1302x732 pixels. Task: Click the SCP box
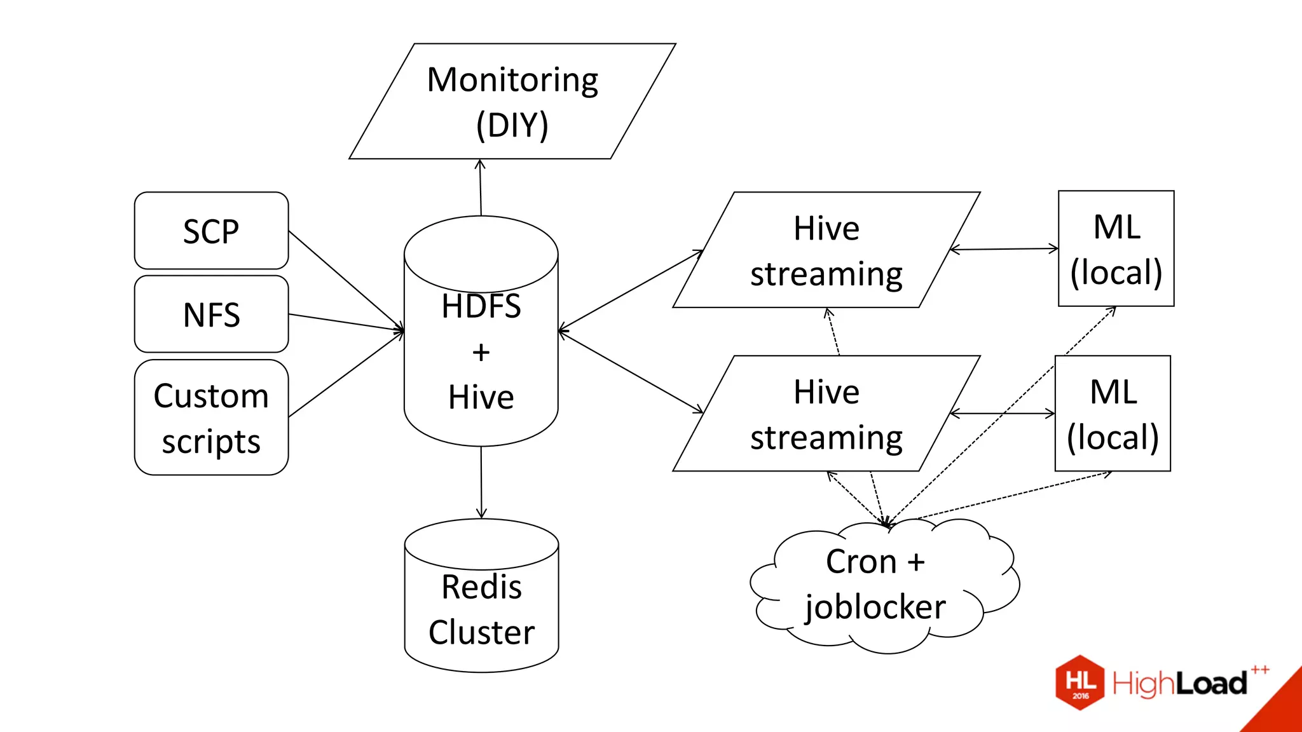coord(211,231)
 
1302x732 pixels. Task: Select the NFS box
coord(211,314)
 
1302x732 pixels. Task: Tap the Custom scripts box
coord(211,417)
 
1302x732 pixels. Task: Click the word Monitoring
coord(512,80)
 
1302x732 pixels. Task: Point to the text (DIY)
coord(512,125)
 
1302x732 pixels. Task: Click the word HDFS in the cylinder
coord(481,306)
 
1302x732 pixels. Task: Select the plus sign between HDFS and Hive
coord(481,352)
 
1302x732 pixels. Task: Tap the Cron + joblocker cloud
coord(884,585)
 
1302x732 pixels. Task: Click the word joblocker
coord(875,607)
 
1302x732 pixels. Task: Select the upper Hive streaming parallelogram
coord(826,250)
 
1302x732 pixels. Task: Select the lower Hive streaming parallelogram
coord(826,414)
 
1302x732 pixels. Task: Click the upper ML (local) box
coord(1116,248)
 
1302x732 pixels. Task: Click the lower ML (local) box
coord(1113,414)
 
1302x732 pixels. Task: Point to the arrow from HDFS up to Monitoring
coord(481,187)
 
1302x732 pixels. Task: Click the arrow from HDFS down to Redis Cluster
coord(481,483)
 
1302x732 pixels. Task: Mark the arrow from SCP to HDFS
coord(346,281)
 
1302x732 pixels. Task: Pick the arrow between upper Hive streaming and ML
coord(1004,249)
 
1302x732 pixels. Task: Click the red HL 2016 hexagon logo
coord(1080,682)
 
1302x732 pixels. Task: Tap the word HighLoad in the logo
coord(1179,684)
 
